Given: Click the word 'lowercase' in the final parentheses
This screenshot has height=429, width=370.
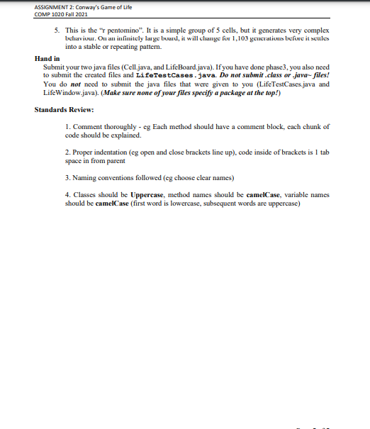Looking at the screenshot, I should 184,202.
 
